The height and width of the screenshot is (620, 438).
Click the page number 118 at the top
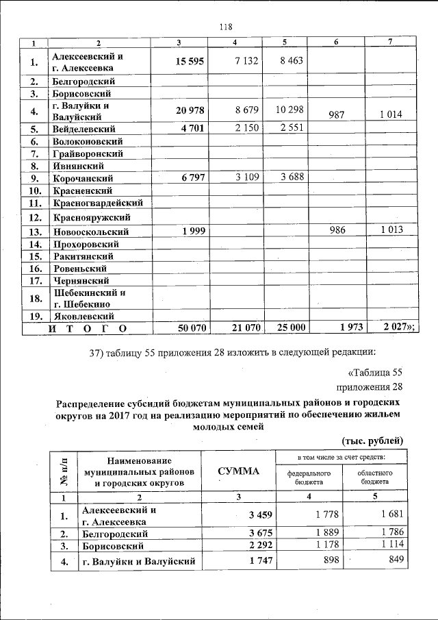[227, 27]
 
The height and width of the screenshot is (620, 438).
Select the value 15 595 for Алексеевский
[189, 61]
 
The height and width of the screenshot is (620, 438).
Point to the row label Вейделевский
[83, 128]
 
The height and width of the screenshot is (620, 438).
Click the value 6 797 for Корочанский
[193, 177]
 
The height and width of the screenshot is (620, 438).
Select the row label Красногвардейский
[96, 203]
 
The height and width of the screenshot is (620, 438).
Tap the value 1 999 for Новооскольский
[193, 232]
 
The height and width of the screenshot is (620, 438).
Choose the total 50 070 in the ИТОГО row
[192, 328]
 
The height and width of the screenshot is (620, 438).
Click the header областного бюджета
[374, 477]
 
